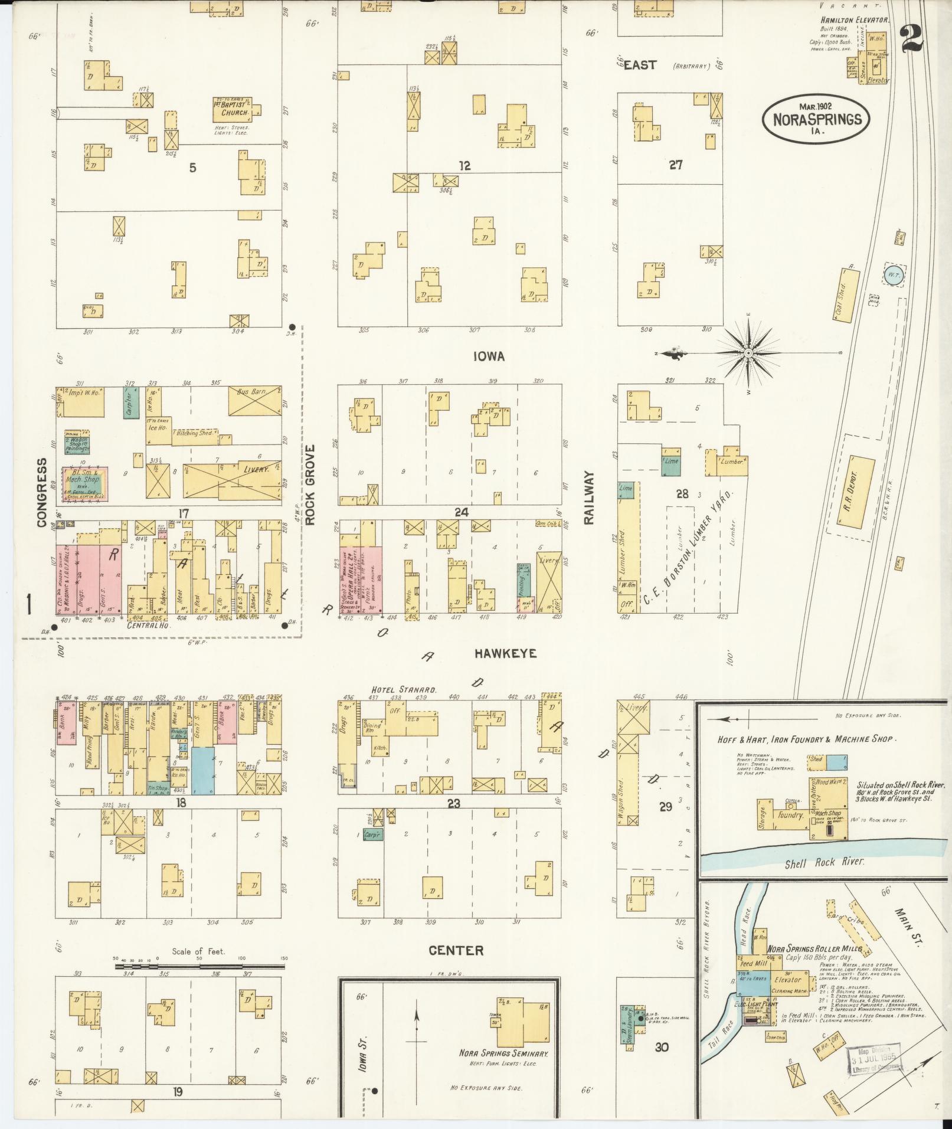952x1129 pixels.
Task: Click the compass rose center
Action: pyautogui.click(x=748, y=354)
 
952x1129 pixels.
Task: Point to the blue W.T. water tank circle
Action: pyautogui.click(x=892, y=275)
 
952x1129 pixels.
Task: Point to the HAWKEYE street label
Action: pyautogui.click(x=505, y=653)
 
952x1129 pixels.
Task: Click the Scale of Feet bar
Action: pyautogui.click(x=200, y=967)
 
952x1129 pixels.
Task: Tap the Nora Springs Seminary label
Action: pyautogui.click(x=505, y=1053)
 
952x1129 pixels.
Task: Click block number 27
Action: pyautogui.click(x=675, y=165)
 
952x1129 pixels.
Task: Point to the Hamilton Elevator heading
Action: pyautogui.click(x=854, y=19)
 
